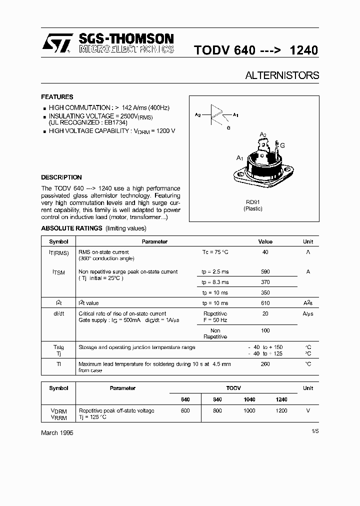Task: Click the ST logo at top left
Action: point(56,43)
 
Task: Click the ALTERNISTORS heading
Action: point(282,75)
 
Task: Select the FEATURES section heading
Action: point(57,97)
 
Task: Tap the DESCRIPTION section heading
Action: point(61,177)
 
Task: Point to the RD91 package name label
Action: point(252,202)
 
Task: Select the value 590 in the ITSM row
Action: point(265,272)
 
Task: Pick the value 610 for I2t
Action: point(265,303)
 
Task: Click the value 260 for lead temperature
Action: point(265,364)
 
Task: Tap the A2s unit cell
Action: point(308,303)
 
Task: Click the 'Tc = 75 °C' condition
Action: point(215,252)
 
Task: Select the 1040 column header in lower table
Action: point(249,399)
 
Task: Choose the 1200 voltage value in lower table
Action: point(281,410)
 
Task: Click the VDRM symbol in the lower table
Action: point(58,411)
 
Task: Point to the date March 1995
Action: point(57,433)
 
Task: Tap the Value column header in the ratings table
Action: point(265,241)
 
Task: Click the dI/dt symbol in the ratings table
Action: point(58,313)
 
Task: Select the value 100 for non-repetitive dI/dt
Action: point(265,331)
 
